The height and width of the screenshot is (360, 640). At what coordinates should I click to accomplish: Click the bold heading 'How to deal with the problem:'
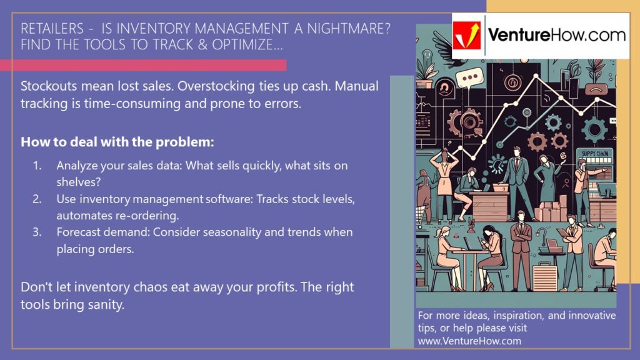point(117,142)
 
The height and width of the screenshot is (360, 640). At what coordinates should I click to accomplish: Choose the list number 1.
point(37,166)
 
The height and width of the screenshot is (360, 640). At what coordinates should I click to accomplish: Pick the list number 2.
point(37,199)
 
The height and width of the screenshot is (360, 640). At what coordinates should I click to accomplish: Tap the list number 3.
point(37,232)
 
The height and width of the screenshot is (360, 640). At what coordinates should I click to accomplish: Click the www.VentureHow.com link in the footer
point(469,341)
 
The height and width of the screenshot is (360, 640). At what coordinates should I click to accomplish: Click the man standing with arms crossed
point(520,247)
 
